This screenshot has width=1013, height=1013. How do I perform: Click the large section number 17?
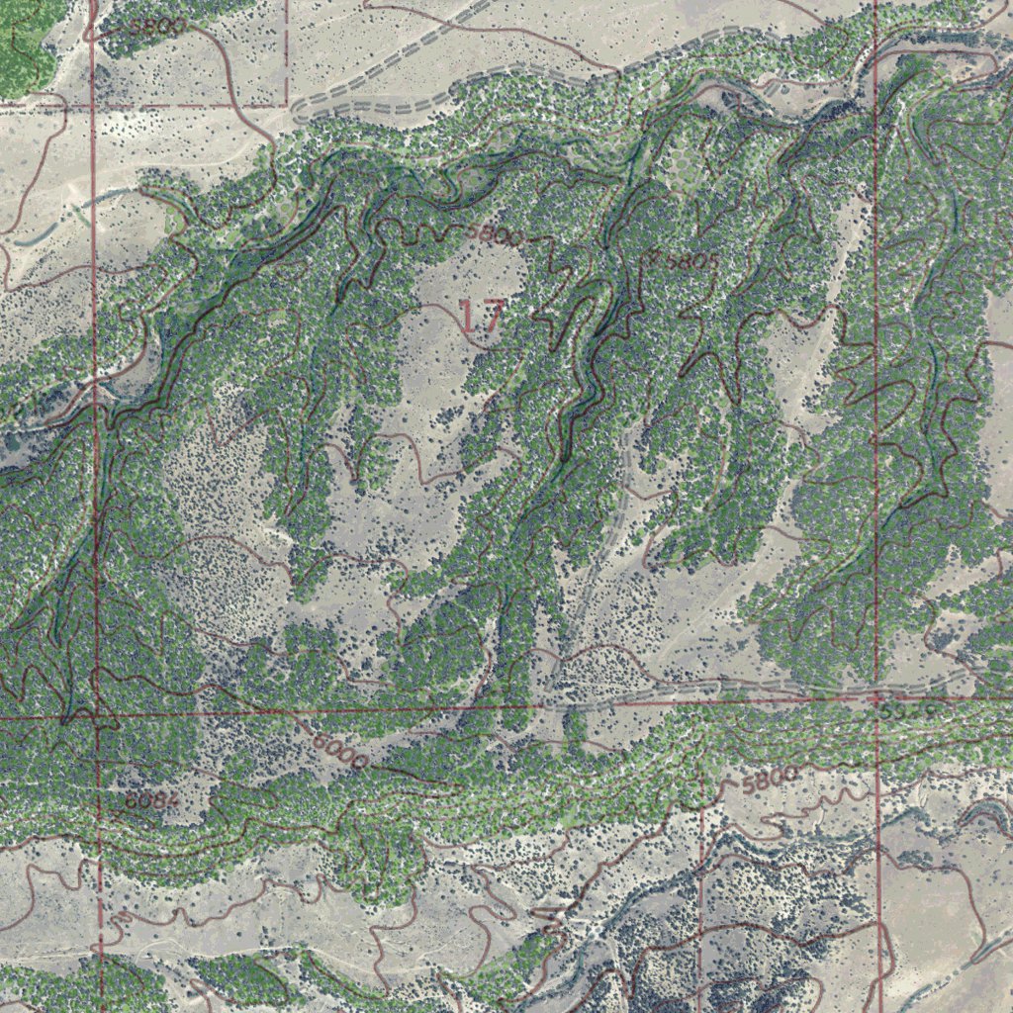pos(483,317)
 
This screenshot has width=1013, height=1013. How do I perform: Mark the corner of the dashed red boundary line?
pos(287,105)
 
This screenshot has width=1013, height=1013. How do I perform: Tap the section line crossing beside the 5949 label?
pos(878,700)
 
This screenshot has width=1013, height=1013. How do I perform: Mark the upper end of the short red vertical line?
pos(701,782)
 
